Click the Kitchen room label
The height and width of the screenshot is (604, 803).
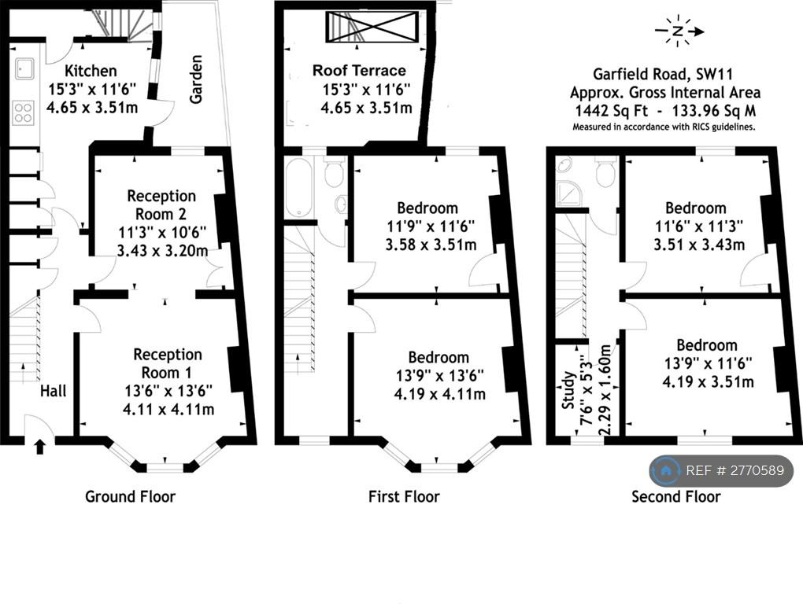pyautogui.click(x=91, y=71)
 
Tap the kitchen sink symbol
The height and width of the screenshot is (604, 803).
pyautogui.click(x=24, y=68)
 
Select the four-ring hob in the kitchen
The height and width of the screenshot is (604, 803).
pyautogui.click(x=24, y=112)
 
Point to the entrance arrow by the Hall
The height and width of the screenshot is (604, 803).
pyautogui.click(x=39, y=447)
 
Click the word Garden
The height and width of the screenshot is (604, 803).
pyautogui.click(x=195, y=79)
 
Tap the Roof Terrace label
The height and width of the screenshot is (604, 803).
pyautogui.click(x=359, y=70)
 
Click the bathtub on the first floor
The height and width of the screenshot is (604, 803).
pyautogui.click(x=298, y=187)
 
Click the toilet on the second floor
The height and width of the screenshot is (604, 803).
pyautogui.click(x=605, y=171)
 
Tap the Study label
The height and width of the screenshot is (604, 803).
pyautogui.click(x=568, y=390)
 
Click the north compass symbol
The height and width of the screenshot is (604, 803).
pyautogui.click(x=678, y=31)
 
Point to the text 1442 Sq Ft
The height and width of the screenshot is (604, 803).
pyautogui.click(x=611, y=110)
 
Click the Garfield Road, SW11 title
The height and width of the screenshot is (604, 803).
pyautogui.click(x=664, y=74)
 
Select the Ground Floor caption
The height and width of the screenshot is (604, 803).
pyautogui.click(x=130, y=496)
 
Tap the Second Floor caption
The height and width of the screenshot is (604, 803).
pyautogui.click(x=676, y=496)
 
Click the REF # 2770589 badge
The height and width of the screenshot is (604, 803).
pyautogui.click(x=721, y=470)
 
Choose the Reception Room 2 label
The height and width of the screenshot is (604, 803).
pyautogui.click(x=161, y=204)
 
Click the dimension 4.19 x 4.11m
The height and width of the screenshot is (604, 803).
pyautogui.click(x=440, y=394)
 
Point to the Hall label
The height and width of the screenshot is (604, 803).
pyautogui.click(x=54, y=391)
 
